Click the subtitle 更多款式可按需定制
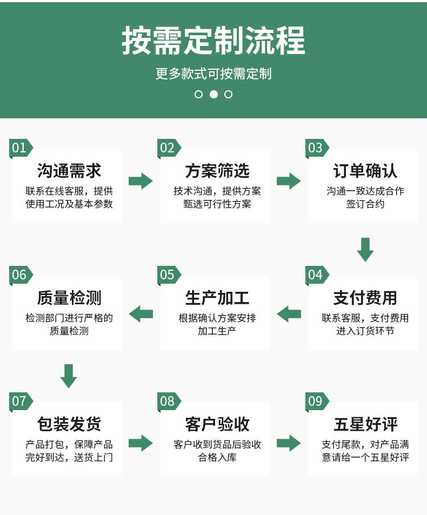coord(213,73)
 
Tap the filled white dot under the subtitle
coord(213,94)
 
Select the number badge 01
coord(19,148)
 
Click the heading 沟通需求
coord(69,171)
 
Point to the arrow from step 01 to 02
coord(141,180)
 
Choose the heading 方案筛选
coord(217,171)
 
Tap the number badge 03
coord(315,148)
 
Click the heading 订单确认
coord(365,171)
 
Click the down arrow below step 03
coord(365,249)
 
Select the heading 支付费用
coord(365,298)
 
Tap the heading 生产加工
coord(217,298)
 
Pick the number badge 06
coord(19,275)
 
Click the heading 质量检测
coord(69,298)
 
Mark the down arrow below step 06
coord(69,376)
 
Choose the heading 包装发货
coord(69,424)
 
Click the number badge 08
coord(168,402)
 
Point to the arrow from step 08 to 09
coord(289,443)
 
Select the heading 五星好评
coord(365,424)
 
